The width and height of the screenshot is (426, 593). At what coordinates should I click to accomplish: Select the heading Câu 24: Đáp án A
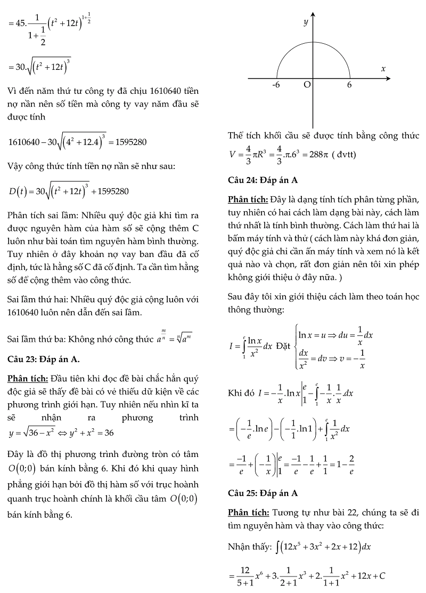pos(262,180)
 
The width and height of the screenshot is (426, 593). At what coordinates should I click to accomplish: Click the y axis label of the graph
pos(306,22)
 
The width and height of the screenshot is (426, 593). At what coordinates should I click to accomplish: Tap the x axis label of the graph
pos(383,69)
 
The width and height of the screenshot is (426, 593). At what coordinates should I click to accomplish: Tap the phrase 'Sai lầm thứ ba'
pos(34,339)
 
